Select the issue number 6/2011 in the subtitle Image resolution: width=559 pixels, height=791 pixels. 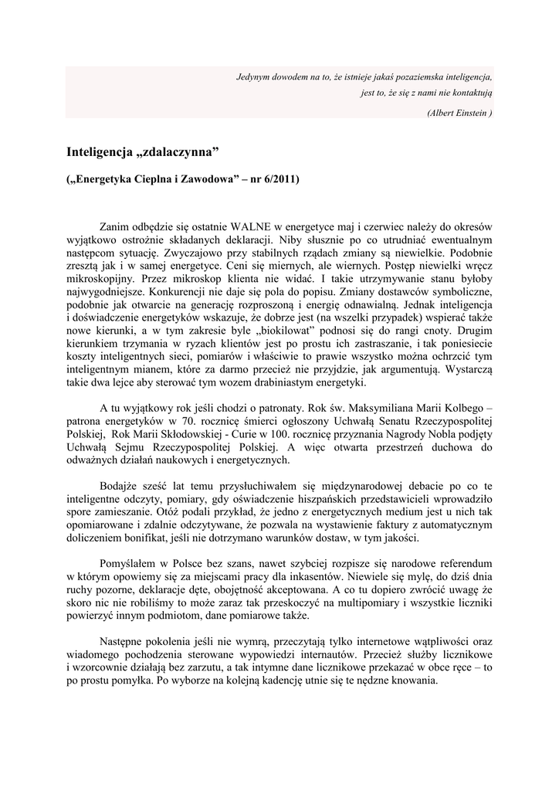pos(279,181)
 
